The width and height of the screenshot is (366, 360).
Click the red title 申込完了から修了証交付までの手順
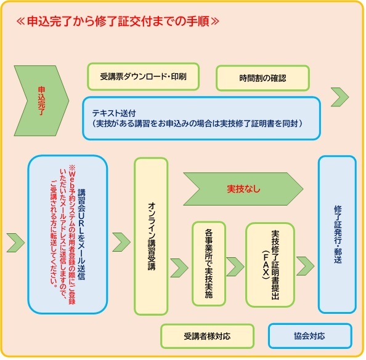click(118, 21)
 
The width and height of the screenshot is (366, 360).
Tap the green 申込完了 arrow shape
click(41, 100)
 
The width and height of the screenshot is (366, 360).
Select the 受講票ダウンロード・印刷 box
click(144, 76)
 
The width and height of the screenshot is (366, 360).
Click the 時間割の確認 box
click(262, 78)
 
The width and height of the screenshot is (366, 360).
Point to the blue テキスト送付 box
click(201, 118)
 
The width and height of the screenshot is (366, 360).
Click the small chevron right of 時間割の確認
click(340, 97)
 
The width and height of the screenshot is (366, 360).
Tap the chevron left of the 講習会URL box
click(15, 242)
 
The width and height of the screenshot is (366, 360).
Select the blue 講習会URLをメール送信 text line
click(81, 234)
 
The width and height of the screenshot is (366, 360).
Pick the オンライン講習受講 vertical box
click(151, 236)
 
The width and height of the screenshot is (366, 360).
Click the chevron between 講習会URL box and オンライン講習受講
click(121, 242)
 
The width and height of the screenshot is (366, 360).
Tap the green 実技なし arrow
click(243, 189)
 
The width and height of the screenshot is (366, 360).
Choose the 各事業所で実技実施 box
click(209, 263)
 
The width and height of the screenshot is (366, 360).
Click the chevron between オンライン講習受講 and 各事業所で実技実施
click(179, 268)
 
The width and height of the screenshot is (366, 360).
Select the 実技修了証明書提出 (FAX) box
click(270, 265)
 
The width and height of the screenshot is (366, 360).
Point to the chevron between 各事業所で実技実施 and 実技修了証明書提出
click(235, 267)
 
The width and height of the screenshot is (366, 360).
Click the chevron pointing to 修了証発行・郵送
click(306, 266)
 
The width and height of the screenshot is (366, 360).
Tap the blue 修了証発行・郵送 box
click(337, 234)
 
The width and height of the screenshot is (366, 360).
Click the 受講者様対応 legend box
click(207, 336)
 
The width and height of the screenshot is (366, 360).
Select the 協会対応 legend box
click(310, 336)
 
